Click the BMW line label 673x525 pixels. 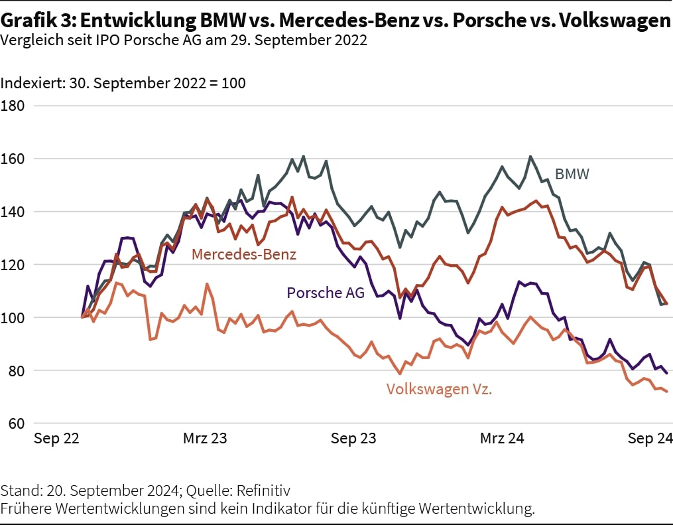tap(572, 175)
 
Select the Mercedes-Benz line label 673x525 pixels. tap(243, 254)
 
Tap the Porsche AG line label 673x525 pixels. tap(326, 292)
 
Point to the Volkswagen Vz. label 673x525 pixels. tap(439, 389)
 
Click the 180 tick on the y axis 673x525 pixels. tap(13, 106)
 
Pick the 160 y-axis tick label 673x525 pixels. tap(13, 159)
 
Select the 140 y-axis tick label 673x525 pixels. tap(13, 212)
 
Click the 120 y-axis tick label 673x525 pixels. tap(13, 265)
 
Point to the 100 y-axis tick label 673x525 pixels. tap(13, 318)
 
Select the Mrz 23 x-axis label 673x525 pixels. tap(204, 439)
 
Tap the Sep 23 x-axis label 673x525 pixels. tap(353, 439)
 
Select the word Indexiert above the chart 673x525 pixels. tap(32, 84)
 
